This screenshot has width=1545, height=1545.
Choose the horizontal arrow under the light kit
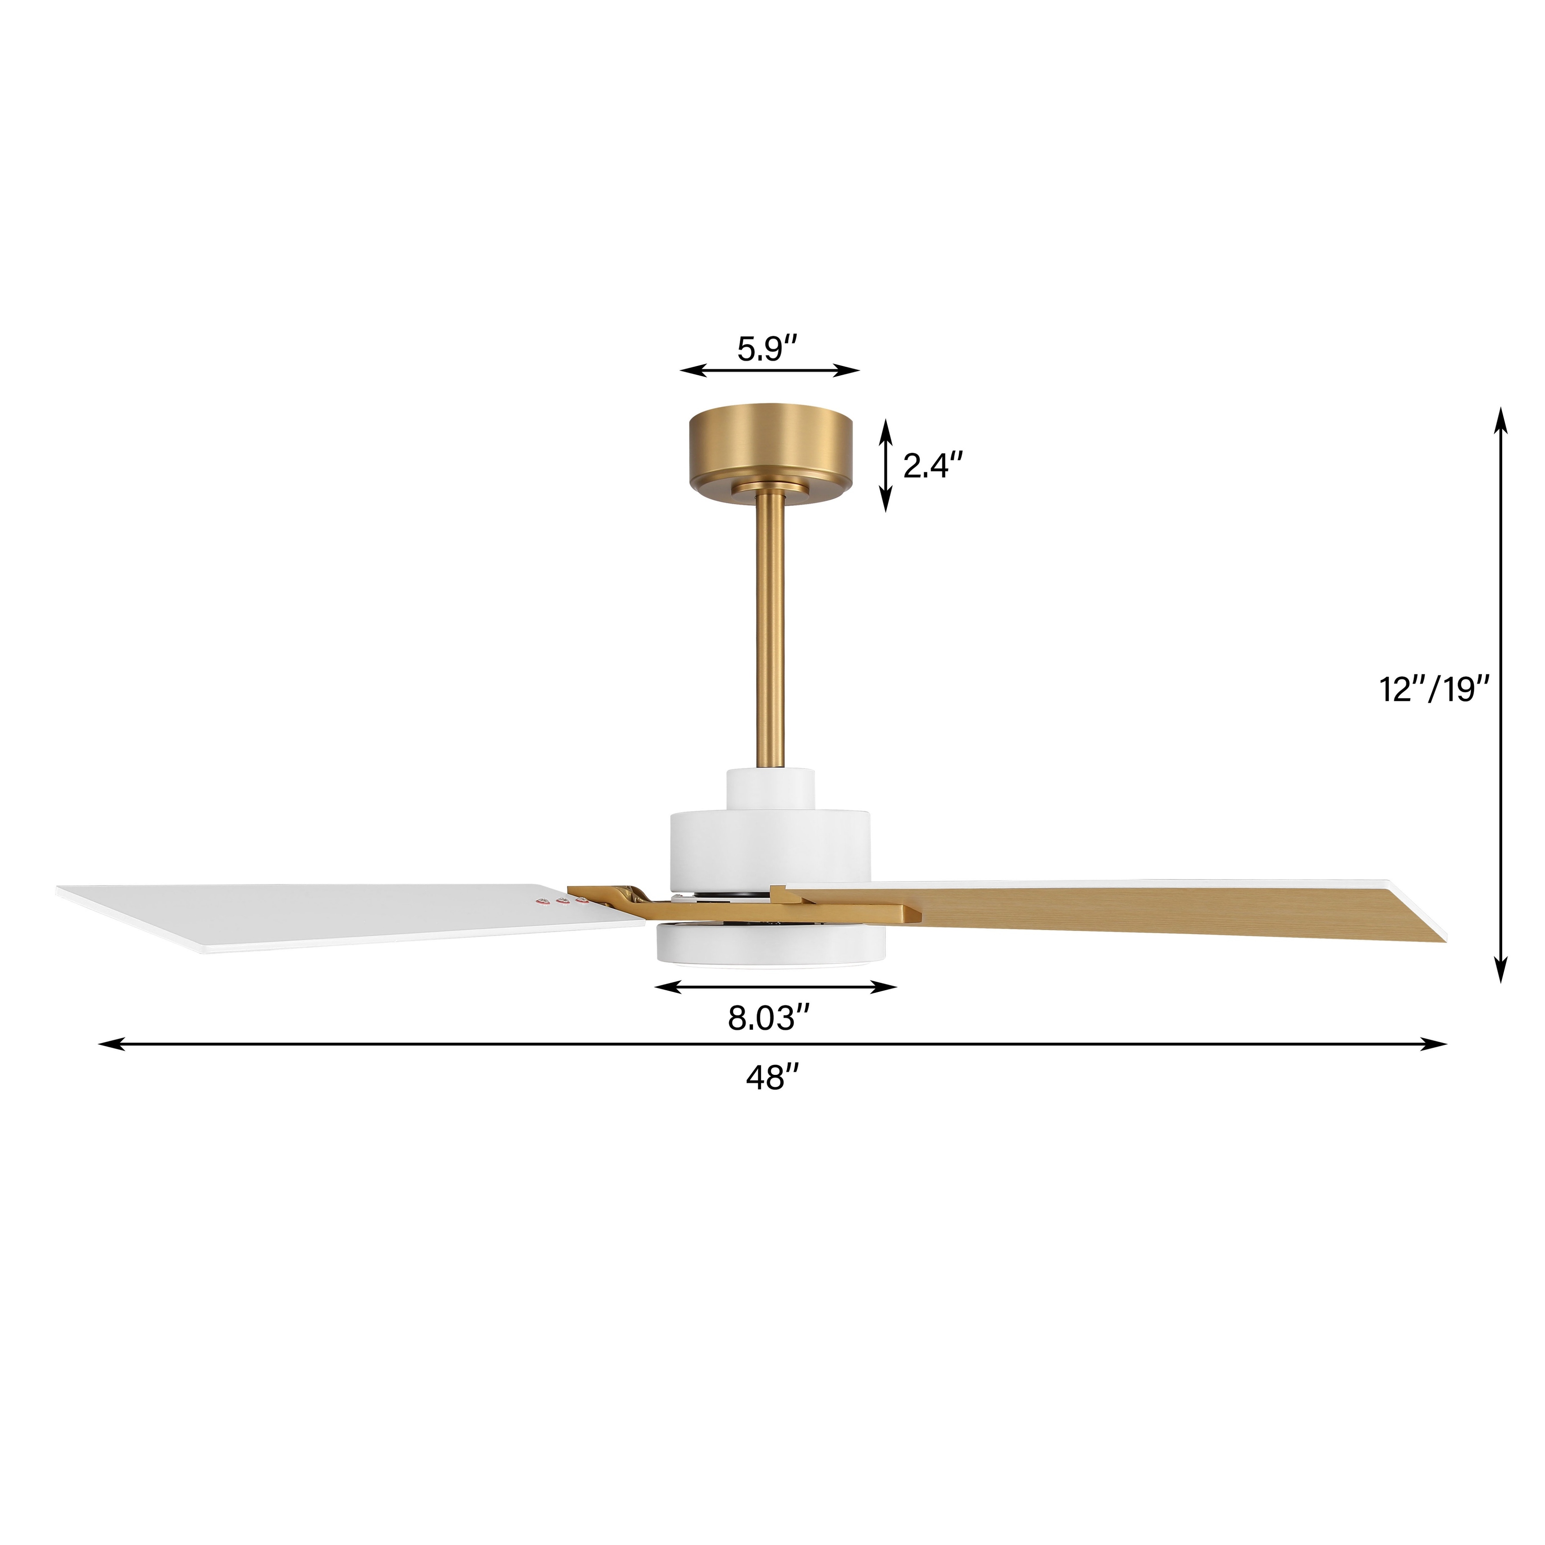pyautogui.click(x=774, y=987)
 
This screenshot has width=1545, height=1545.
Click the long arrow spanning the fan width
pyautogui.click(x=772, y=1044)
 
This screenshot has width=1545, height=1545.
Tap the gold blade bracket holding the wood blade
pyautogui.click(x=848, y=910)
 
